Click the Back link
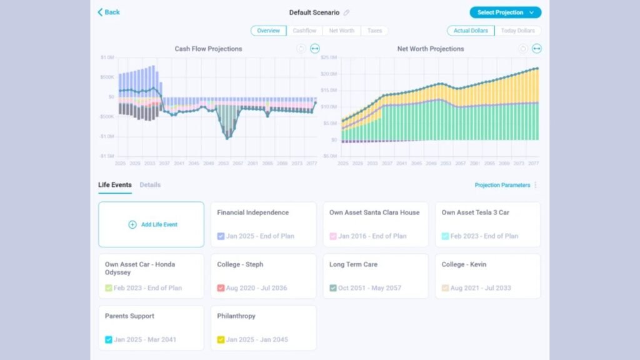click(109, 12)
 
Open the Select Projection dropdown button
click(505, 12)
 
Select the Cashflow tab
click(304, 31)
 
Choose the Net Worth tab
click(341, 31)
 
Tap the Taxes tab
click(374, 31)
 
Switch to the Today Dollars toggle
click(517, 31)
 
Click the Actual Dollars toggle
click(471, 31)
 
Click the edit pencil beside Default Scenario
click(347, 12)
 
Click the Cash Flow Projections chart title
click(208, 49)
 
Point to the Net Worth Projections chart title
click(431, 49)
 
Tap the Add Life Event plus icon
click(132, 225)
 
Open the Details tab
click(150, 185)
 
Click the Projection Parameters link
click(502, 185)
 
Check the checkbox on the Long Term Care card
click(333, 288)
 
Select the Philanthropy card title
click(236, 316)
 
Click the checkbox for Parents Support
click(109, 340)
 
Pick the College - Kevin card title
click(462, 264)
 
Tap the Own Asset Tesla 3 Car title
click(475, 212)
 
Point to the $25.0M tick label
click(329, 57)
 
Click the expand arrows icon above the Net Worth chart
click(536, 49)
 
